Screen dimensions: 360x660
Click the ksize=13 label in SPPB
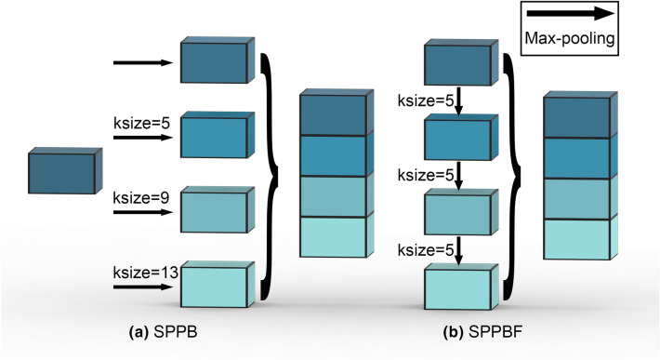(x=142, y=276)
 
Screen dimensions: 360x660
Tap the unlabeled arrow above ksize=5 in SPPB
(x=142, y=63)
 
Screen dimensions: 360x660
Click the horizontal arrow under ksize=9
(x=142, y=212)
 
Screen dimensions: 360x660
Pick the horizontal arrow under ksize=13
(x=142, y=289)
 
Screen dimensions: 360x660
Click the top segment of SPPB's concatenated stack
(x=333, y=113)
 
